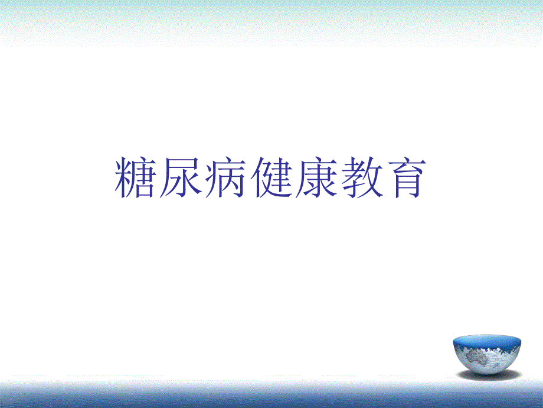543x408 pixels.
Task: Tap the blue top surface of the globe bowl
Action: [x=488, y=341]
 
